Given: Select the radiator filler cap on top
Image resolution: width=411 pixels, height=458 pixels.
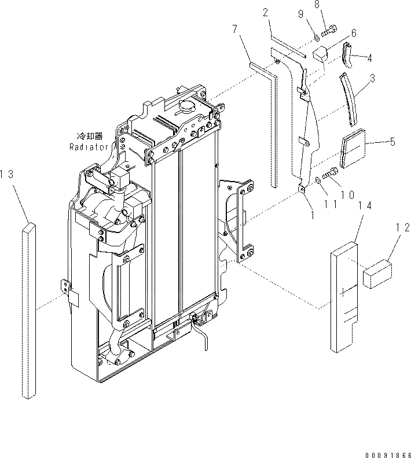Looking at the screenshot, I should click(189, 108).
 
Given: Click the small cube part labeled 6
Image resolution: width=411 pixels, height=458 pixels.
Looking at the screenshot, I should click(321, 53).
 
